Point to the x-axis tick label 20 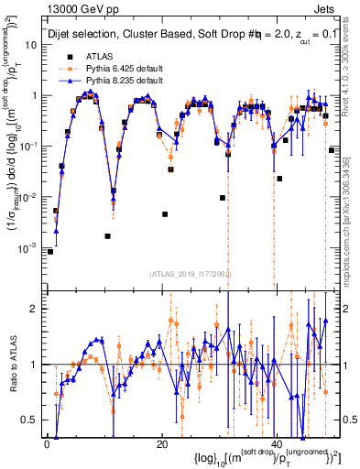[x=161, y=444]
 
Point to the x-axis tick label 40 [x=275, y=444]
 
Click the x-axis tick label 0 [x=47, y=444]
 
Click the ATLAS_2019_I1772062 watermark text [x=191, y=275]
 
